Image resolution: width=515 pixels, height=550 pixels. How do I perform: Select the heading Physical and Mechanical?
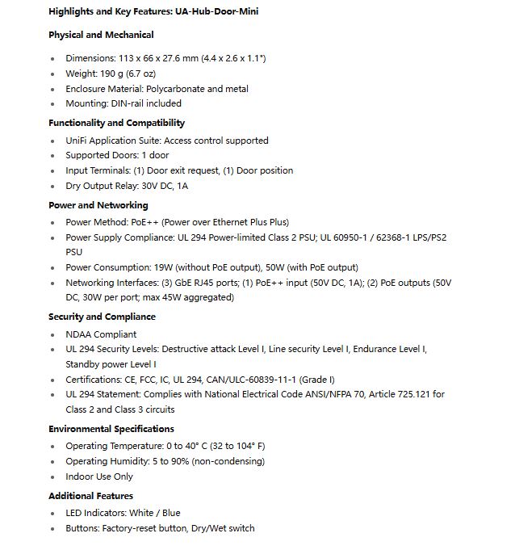tap(101, 35)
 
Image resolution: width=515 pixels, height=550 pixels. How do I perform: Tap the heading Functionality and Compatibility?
tap(116, 123)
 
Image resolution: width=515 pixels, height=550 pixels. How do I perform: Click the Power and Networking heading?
tap(98, 205)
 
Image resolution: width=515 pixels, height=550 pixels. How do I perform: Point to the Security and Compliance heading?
tap(102, 317)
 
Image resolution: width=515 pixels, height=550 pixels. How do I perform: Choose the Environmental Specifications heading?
tap(111, 429)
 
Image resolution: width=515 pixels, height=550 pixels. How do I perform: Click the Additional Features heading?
tap(90, 496)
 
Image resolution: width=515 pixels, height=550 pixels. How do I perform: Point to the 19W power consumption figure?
tap(165, 267)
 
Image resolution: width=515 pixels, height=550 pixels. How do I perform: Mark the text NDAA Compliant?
tap(101, 334)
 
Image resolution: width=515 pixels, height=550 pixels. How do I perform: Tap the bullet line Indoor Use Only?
tap(99, 477)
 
